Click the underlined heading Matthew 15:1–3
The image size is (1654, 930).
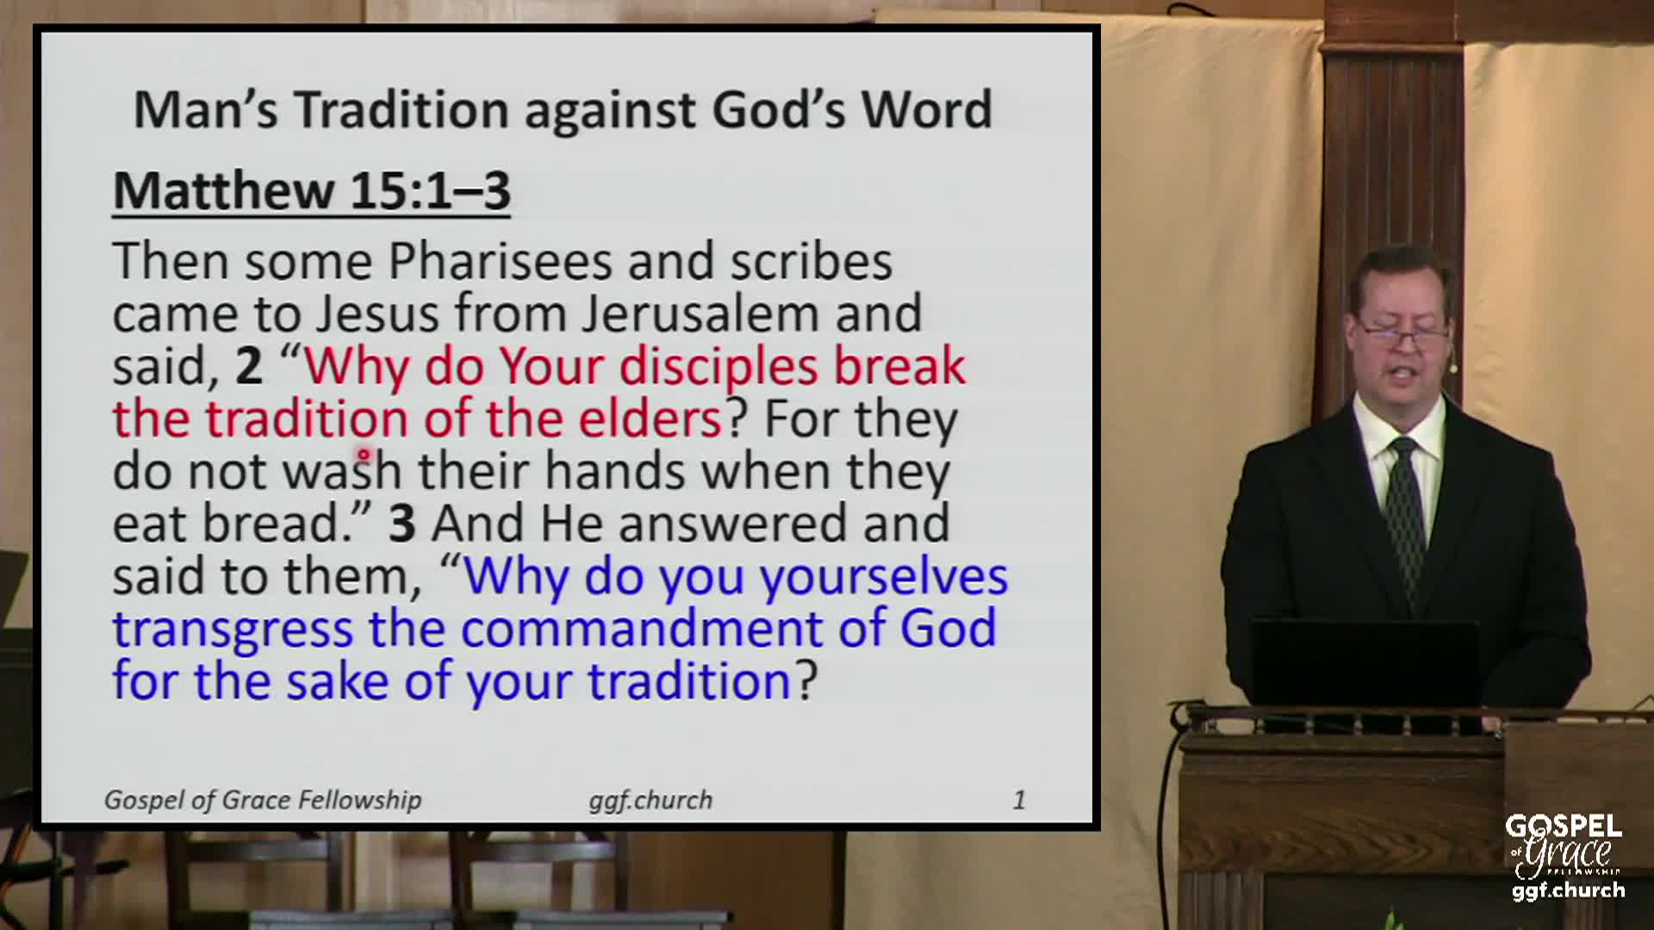tap(312, 190)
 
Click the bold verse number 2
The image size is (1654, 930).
tap(248, 367)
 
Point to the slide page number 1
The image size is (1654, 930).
tap(1019, 801)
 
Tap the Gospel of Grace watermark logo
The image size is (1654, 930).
tap(1565, 857)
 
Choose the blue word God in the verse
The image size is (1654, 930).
tap(948, 629)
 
